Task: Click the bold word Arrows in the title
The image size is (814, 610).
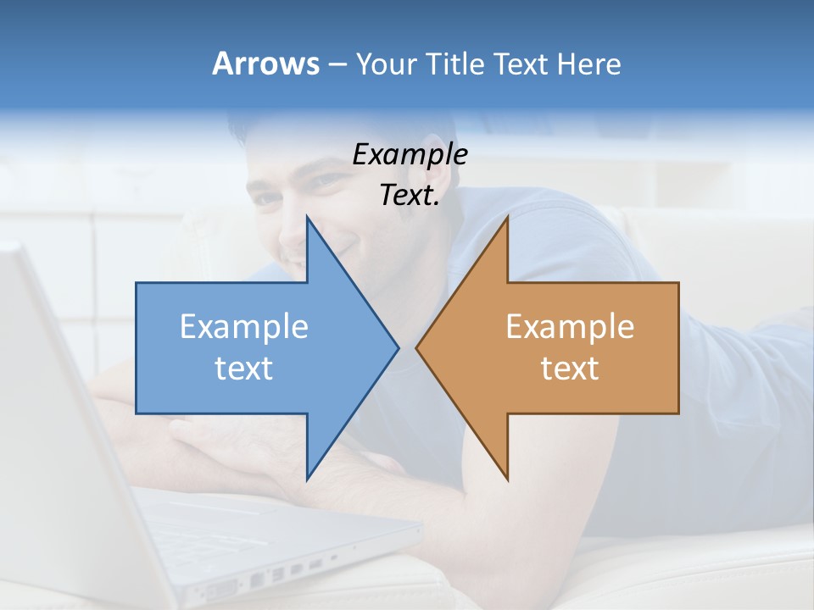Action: point(265,64)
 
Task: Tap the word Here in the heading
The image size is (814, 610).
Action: point(589,64)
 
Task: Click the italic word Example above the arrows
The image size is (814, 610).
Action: point(410,155)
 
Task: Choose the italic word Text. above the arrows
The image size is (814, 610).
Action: point(410,195)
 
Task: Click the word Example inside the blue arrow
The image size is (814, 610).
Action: point(244,327)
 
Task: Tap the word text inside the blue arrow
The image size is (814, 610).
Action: point(244,369)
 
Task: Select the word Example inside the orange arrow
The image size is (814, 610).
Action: point(570,327)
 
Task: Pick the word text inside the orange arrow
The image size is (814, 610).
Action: point(570,369)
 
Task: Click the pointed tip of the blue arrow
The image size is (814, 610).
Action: point(398,347)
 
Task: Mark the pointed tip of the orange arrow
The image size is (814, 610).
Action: point(416,347)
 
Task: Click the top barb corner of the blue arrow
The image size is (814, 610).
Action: point(307,217)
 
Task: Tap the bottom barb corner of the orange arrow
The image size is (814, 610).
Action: point(507,479)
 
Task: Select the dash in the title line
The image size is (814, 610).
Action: point(337,64)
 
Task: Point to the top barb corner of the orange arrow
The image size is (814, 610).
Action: point(507,217)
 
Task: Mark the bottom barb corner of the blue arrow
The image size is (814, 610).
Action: point(307,479)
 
